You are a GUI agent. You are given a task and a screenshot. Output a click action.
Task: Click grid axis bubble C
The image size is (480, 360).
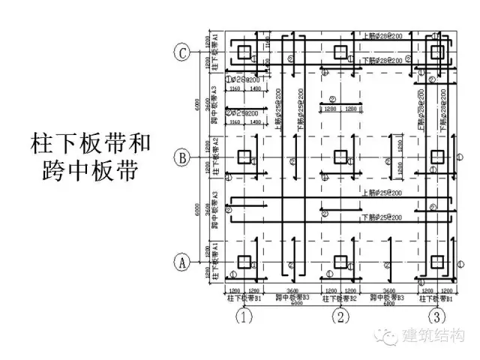(181, 52)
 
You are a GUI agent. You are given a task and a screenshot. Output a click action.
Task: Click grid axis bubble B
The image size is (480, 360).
(181, 157)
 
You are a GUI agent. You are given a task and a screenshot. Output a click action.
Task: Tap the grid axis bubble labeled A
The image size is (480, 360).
(181, 262)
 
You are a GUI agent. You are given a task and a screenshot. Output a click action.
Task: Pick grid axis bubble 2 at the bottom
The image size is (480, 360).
(340, 317)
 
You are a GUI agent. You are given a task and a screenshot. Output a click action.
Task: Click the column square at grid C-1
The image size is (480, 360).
(244, 52)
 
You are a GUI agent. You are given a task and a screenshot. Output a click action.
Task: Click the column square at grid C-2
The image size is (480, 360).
(340, 52)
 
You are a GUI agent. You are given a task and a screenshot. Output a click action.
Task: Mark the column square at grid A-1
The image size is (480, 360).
(244, 262)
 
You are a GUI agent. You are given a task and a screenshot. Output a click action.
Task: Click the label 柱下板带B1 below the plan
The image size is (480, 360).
(244, 298)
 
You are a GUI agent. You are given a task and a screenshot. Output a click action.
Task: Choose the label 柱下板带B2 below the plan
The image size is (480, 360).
(340, 298)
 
